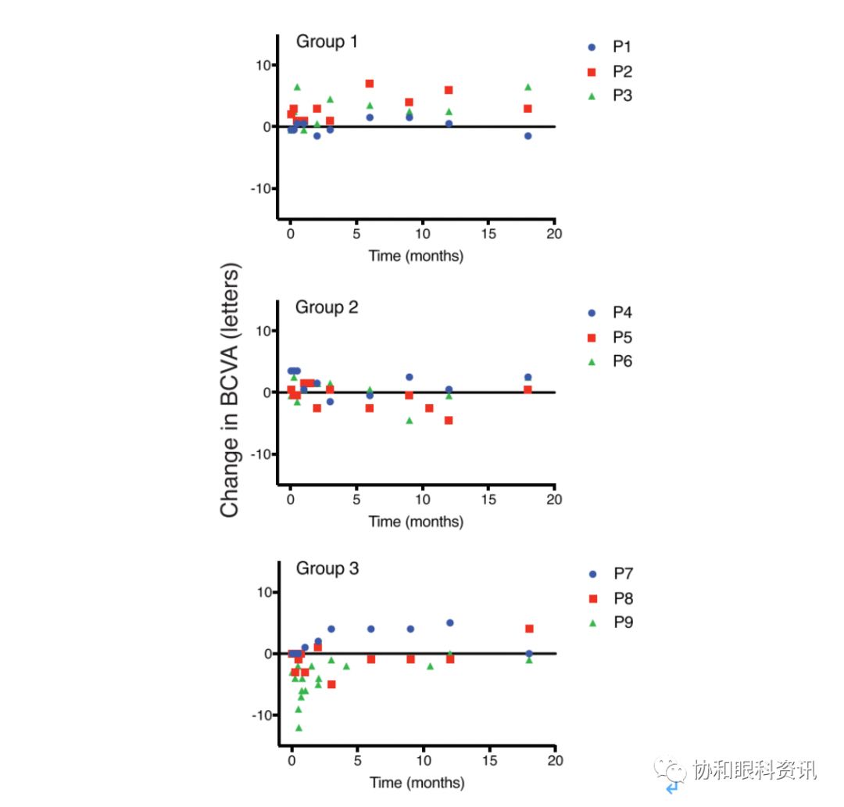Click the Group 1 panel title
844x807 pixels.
[327, 41]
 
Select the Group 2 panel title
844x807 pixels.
[327, 307]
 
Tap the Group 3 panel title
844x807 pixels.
[327, 568]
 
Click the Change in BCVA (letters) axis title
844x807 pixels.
[230, 391]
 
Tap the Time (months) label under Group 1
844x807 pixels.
[416, 256]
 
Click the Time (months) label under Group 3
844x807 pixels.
[417, 783]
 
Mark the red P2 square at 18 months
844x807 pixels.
[528, 109]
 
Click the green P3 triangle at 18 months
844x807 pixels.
[528, 87]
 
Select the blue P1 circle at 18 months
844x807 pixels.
[528, 136]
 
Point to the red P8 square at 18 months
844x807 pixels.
[529, 629]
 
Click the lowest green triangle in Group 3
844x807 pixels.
[299, 728]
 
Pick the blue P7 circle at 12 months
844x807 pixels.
[449, 623]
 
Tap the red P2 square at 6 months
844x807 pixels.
[370, 84]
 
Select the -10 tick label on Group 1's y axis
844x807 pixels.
[261, 188]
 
